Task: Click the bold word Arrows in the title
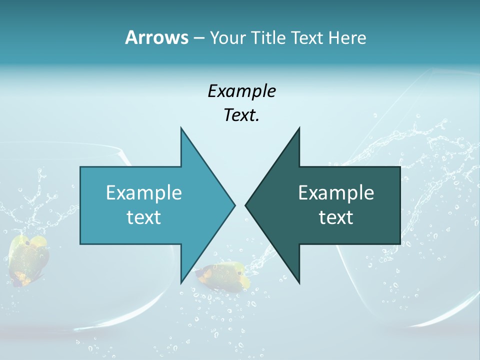pos(156,37)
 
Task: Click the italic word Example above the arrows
pos(241,91)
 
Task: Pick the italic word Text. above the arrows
pos(241,115)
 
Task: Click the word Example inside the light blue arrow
pos(143,192)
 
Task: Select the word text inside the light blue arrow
pos(143,217)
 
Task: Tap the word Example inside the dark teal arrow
pos(336,192)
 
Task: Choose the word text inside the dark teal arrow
pos(336,217)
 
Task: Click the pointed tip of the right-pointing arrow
pos(234,205)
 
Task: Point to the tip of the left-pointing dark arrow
pos(246,205)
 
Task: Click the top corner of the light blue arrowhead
pos(181,128)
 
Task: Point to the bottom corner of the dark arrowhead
pos(299,283)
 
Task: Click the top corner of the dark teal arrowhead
pos(299,128)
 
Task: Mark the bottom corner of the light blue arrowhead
pos(181,283)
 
